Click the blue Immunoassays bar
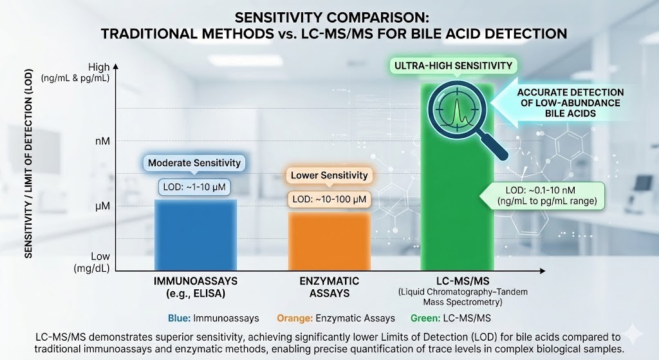pyautogui.click(x=195, y=235)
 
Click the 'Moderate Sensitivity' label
pyautogui.click(x=194, y=163)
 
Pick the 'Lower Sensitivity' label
pyautogui.click(x=329, y=175)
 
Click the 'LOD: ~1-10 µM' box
pyautogui.click(x=194, y=187)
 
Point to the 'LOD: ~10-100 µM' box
pyautogui.click(x=329, y=200)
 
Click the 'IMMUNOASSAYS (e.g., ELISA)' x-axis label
pyautogui.click(x=194, y=287)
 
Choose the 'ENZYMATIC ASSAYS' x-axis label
pyautogui.click(x=329, y=287)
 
